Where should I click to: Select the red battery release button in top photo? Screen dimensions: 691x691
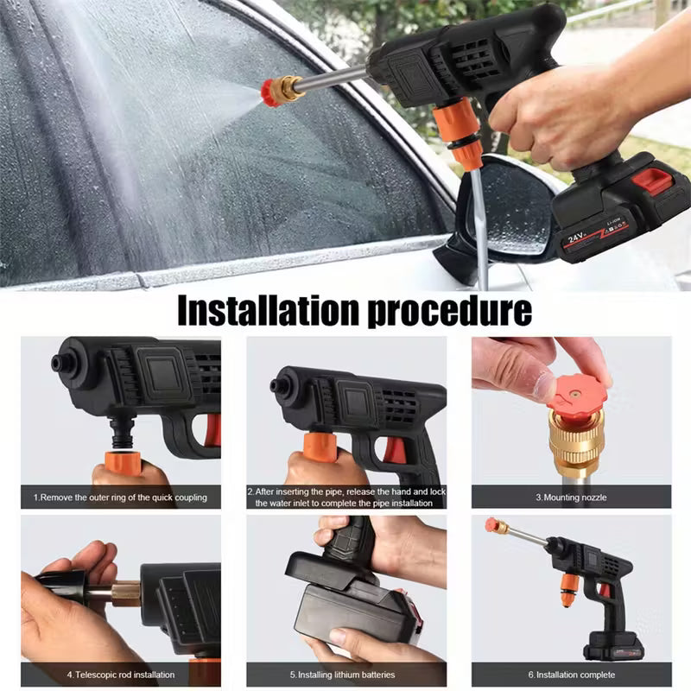tap(652, 182)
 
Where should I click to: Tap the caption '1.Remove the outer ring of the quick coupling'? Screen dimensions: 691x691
tap(121, 498)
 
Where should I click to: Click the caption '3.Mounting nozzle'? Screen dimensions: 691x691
tap(571, 498)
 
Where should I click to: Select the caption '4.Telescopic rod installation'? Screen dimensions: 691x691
tap(121, 675)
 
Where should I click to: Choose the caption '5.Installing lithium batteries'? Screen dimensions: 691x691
tap(346, 675)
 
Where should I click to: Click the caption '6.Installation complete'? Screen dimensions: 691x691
tap(571, 675)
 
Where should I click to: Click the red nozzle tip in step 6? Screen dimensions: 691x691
tap(496, 525)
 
